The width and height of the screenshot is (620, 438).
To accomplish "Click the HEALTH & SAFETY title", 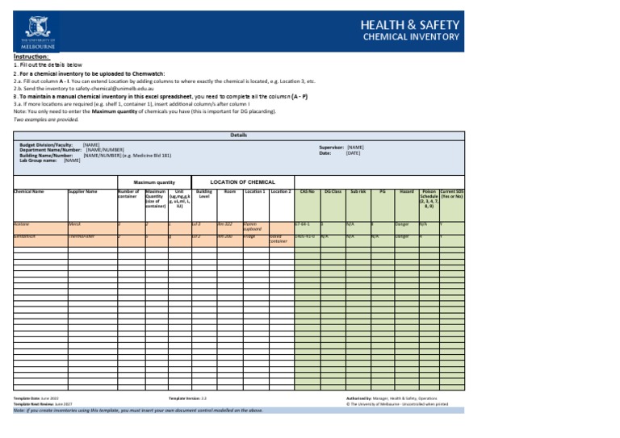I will coord(411,24).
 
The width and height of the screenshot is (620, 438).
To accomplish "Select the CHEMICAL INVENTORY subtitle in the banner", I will coord(412,37).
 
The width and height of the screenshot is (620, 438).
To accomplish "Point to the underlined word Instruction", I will coord(31,57).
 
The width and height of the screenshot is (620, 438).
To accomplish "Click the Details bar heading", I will coord(238,135).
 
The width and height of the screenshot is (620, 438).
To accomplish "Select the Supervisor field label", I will coord(332,148).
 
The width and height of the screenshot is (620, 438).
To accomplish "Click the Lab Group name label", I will coord(39,160).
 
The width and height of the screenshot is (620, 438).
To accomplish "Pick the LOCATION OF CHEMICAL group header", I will coord(243,182).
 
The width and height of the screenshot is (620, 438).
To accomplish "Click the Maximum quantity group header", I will coord(154,182).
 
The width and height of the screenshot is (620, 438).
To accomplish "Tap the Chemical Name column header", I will coord(29,191).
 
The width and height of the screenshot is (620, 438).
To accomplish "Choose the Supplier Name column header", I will coord(83,191).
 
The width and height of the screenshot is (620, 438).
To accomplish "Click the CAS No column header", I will coord(307,191).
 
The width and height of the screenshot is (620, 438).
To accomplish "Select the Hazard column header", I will coord(406,191).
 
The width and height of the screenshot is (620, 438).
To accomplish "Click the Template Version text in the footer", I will coord(187,398).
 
